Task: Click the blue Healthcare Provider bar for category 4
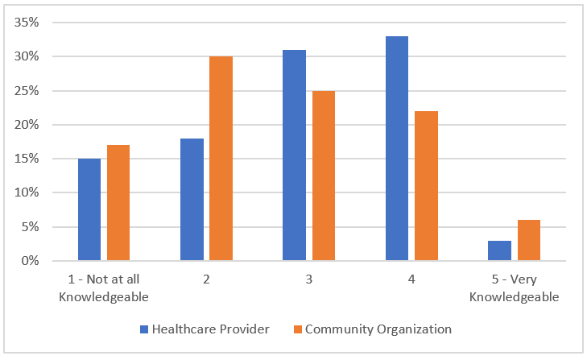397,148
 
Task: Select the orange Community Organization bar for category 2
221,159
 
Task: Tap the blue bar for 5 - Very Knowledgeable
499,250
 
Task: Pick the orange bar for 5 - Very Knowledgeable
529,240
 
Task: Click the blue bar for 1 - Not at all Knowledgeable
89,209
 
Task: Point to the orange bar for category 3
324,176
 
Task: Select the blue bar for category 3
294,155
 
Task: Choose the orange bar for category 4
426,186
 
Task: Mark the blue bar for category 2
192,199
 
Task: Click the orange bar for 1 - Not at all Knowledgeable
118,203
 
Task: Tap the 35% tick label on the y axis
27,23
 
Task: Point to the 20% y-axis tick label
27,125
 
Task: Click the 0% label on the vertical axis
30,261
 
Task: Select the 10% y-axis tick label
27,192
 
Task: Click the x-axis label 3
309,279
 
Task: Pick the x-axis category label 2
206,279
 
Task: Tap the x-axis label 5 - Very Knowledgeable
514,288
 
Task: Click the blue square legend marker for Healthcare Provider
144,329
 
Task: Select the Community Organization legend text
378,329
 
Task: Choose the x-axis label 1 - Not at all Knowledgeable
104,288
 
